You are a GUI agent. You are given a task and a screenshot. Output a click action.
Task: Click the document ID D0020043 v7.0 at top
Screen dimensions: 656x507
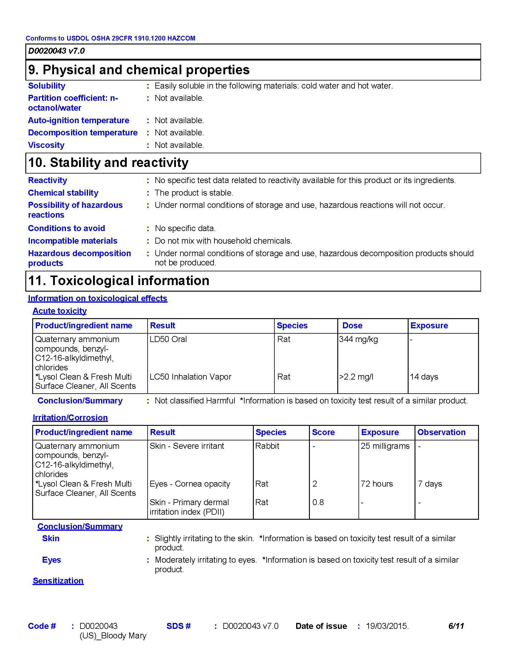click(56, 51)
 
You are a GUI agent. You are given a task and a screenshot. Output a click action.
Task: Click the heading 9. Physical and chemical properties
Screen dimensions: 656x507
click(139, 70)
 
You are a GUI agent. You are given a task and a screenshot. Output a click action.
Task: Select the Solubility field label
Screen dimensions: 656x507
click(47, 86)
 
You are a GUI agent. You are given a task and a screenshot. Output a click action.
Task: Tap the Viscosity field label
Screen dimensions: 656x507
click(46, 145)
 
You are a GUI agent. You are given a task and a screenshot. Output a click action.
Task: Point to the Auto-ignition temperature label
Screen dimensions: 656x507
click(78, 120)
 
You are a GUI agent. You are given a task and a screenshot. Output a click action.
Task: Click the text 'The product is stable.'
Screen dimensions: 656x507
click(194, 193)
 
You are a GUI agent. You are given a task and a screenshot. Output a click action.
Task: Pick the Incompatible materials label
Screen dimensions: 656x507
click(72, 241)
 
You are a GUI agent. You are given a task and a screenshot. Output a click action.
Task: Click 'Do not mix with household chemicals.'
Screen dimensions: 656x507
click(223, 241)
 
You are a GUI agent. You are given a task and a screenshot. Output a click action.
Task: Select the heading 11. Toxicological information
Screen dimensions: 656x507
click(119, 281)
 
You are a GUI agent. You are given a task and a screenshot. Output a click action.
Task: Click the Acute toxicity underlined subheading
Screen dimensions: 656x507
click(59, 311)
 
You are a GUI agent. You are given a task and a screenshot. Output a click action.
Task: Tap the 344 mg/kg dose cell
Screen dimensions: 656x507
click(358, 339)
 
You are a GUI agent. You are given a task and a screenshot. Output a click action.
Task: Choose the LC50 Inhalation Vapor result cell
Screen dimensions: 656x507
click(191, 377)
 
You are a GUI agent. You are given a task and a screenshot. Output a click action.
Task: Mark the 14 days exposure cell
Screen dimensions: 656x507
click(424, 377)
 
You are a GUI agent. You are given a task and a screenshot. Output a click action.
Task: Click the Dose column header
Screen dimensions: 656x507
click(352, 326)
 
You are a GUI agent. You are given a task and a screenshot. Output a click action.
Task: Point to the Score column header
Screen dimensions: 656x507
click(323, 432)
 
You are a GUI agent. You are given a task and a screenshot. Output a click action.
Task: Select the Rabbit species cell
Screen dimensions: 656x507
click(267, 446)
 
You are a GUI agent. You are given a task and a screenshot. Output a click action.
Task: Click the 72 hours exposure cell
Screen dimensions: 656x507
click(377, 484)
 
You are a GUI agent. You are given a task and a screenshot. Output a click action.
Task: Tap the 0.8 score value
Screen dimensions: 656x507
click(318, 502)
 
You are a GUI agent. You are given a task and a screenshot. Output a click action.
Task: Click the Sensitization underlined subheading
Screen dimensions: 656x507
click(58, 581)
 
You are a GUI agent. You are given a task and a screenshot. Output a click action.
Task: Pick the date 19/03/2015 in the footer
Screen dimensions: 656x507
click(387, 626)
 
